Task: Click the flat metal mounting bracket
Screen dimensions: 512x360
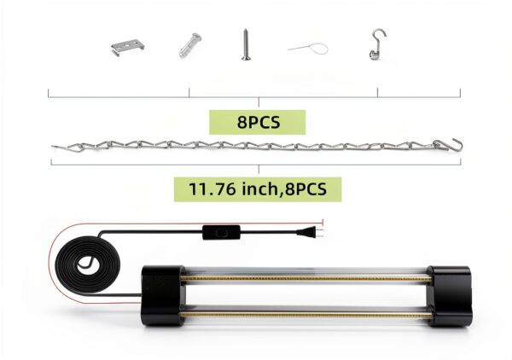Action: (127, 47)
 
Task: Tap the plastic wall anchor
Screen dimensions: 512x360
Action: (190, 45)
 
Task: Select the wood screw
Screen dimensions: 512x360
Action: (246, 44)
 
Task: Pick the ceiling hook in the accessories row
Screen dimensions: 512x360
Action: (378, 44)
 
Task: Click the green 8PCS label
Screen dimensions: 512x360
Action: (258, 122)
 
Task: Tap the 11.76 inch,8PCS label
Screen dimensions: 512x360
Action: (258, 189)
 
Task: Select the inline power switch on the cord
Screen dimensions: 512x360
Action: (221, 232)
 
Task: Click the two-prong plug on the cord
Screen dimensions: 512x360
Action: (309, 232)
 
